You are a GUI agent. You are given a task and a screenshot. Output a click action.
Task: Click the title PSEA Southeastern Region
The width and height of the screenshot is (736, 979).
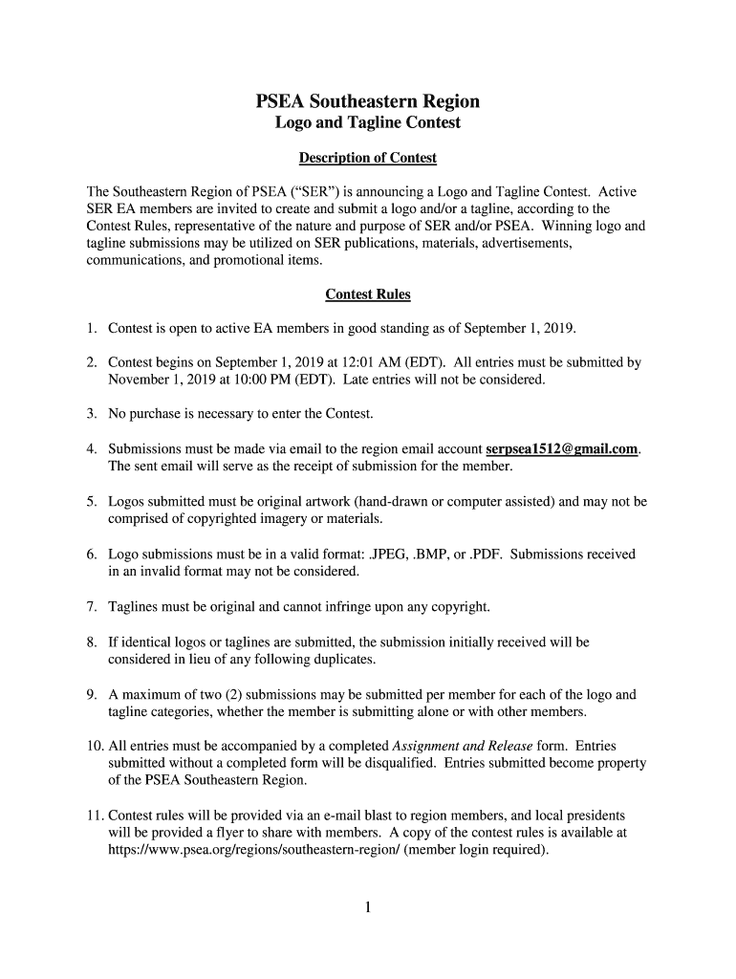(x=367, y=101)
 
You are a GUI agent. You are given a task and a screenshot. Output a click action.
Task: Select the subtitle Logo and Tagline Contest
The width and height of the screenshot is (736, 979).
(x=367, y=122)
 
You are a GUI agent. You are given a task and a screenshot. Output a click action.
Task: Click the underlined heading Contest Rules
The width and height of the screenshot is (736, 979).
(x=368, y=294)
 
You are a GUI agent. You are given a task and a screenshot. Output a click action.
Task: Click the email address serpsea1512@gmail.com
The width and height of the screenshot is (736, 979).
(x=562, y=448)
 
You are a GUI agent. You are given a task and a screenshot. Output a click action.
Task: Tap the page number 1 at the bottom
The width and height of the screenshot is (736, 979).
(x=367, y=907)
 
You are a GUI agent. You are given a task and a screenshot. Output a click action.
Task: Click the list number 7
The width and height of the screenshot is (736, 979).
(x=91, y=606)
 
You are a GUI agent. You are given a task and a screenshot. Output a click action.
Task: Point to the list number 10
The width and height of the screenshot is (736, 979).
(x=94, y=746)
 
